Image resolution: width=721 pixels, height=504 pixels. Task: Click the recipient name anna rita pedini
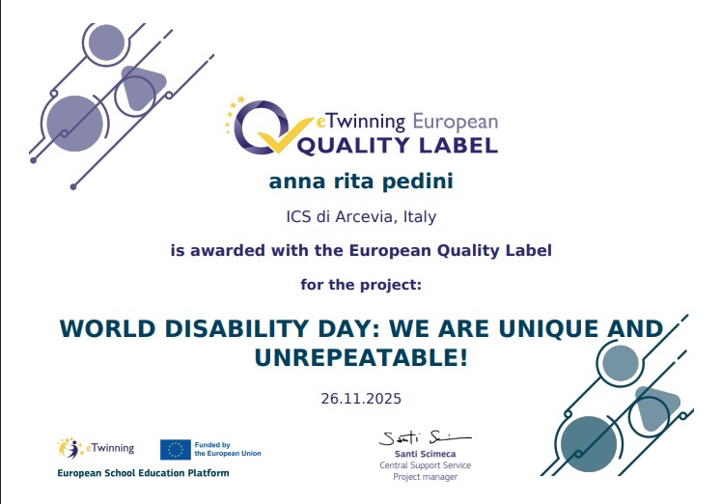(x=360, y=182)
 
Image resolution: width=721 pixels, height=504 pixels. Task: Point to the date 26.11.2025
(x=360, y=398)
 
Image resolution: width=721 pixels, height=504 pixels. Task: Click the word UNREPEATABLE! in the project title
(x=361, y=358)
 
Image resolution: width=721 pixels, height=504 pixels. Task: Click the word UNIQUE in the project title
(x=543, y=328)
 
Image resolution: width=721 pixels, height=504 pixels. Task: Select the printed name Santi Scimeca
(x=418, y=453)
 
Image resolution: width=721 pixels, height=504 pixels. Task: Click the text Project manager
(x=418, y=476)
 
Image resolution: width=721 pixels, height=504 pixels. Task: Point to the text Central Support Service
(x=418, y=464)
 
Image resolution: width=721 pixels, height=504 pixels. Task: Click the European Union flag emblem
(x=175, y=449)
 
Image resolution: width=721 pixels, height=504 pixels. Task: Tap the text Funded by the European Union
(x=227, y=449)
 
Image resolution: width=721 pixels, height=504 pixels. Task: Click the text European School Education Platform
(x=144, y=473)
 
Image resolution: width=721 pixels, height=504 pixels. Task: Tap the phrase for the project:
(x=360, y=285)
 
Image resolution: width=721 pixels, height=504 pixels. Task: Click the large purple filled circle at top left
(x=74, y=124)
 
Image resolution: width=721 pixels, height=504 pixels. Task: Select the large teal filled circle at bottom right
(x=587, y=444)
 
